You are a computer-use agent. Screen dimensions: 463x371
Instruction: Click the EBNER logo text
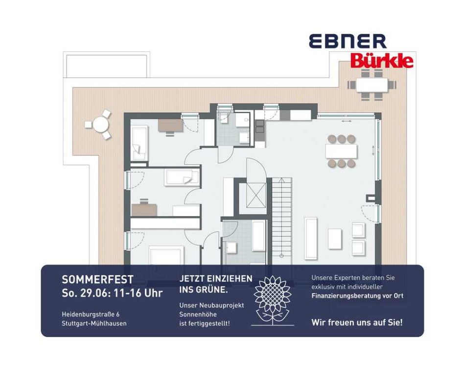(348, 41)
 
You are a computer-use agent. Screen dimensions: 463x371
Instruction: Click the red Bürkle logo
(382, 61)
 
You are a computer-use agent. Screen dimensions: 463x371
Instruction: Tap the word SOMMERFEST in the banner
(97, 279)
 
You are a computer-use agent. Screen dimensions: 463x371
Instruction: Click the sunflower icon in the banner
(273, 300)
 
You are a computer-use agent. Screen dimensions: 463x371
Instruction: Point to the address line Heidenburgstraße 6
(91, 314)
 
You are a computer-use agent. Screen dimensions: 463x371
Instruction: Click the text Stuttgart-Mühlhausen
(94, 323)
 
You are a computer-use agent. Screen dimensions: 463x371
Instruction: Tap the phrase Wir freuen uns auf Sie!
(357, 322)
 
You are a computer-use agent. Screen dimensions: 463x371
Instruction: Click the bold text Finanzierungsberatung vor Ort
(357, 296)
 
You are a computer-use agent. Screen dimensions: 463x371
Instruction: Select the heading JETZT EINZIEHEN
(216, 278)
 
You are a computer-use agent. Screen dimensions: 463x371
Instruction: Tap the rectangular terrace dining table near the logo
(372, 85)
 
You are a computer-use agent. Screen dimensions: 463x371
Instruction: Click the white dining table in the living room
(341, 151)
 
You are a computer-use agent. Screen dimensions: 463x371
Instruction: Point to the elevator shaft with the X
(256, 195)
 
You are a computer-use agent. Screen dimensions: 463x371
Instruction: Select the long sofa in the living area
(311, 238)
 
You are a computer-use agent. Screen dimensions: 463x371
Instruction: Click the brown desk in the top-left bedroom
(170, 125)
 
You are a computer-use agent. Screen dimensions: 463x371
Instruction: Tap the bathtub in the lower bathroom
(259, 236)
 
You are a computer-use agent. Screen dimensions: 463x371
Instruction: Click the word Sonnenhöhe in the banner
(198, 314)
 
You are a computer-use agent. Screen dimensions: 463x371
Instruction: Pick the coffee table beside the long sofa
(335, 239)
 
